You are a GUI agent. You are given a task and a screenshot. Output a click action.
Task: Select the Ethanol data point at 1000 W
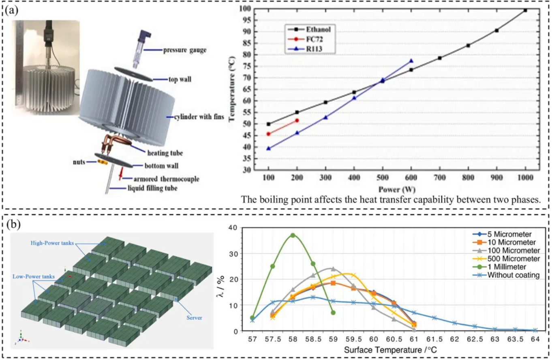point(525,10)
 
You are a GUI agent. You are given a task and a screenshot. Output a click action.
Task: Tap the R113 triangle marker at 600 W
point(411,61)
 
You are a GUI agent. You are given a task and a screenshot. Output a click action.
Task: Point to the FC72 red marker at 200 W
point(297,120)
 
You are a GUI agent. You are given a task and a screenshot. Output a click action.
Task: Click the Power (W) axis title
point(396,189)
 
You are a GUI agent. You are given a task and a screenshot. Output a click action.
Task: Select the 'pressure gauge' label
point(185,51)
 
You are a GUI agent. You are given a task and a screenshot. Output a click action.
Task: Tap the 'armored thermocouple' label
point(157,178)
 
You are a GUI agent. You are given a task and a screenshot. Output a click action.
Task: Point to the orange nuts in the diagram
point(101,163)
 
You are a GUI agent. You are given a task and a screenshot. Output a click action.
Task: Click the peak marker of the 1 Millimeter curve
point(293,235)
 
